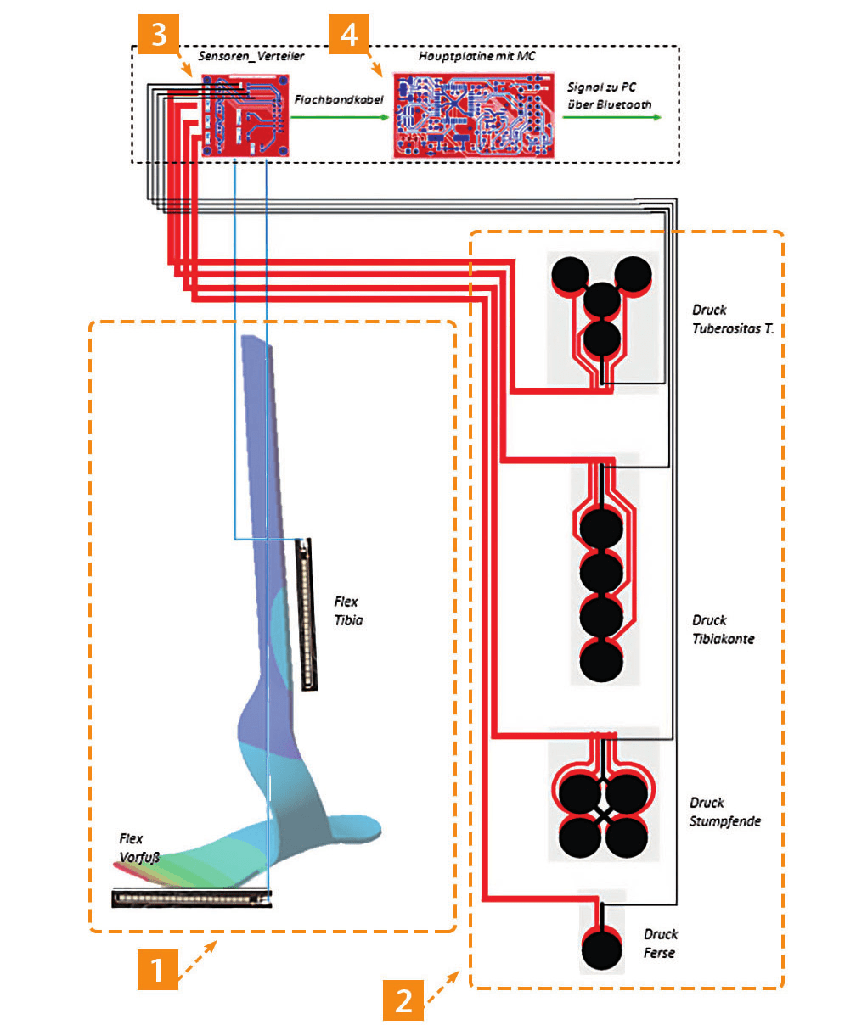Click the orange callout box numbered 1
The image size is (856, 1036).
[158, 968]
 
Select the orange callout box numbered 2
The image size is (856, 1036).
[404, 1000]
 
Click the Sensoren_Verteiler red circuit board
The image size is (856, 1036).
[245, 115]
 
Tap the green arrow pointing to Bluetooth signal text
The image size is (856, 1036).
[611, 118]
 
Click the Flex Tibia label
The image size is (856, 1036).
[348, 611]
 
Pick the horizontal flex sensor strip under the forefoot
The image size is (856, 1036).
[191, 898]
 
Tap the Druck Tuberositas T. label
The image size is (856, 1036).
[732, 320]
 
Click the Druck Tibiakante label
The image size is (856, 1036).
[723, 630]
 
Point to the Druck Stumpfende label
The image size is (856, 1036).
[724, 812]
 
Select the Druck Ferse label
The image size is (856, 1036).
[660, 944]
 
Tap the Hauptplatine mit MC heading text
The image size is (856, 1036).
[476, 57]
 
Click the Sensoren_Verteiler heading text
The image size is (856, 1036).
[251, 57]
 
